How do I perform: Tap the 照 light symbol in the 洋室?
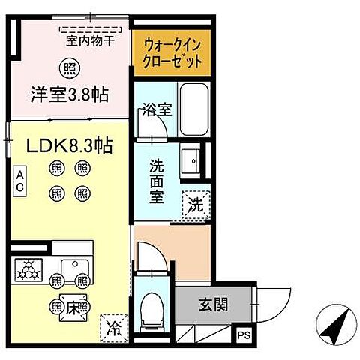pyautogui.click(x=69, y=67)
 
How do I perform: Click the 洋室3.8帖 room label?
pyautogui.click(x=69, y=95)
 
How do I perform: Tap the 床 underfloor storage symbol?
pyautogui.click(x=68, y=306)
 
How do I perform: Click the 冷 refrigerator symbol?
pyautogui.click(x=113, y=326)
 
